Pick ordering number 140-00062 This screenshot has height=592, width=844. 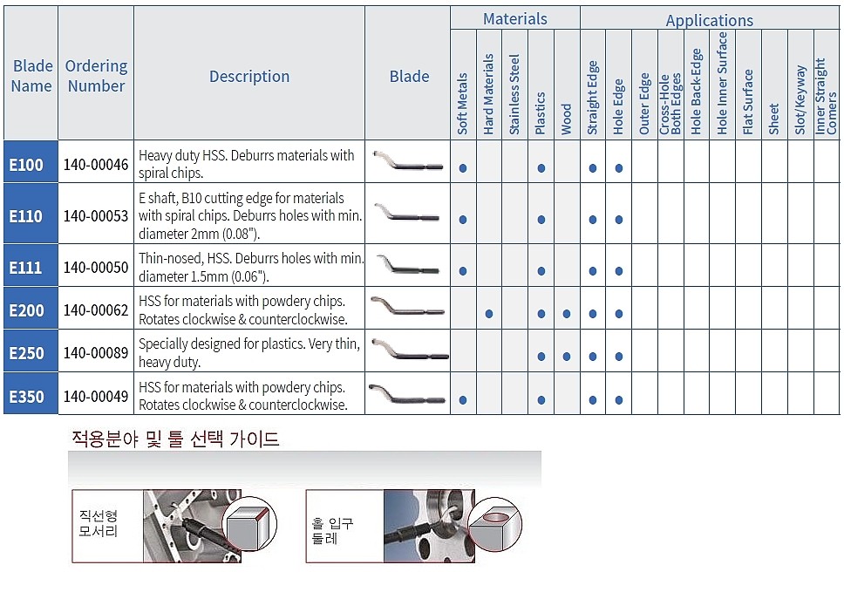tap(96, 310)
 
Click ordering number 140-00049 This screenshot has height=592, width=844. tap(96, 397)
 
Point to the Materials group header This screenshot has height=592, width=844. tap(515, 18)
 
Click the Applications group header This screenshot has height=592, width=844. tap(710, 20)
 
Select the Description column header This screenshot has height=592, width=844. tap(249, 77)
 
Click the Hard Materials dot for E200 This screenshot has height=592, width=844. tap(489, 313)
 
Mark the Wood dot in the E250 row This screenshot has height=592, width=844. tap(567, 357)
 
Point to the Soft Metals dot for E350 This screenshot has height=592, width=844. tap(463, 400)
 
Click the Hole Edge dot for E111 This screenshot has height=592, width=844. tap(619, 271)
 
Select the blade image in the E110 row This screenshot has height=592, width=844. tap(408, 214)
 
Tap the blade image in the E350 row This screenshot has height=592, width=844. tap(408, 396)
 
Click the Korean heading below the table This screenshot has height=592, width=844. tap(175, 439)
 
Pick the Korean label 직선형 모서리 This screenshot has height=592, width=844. tap(98, 524)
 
